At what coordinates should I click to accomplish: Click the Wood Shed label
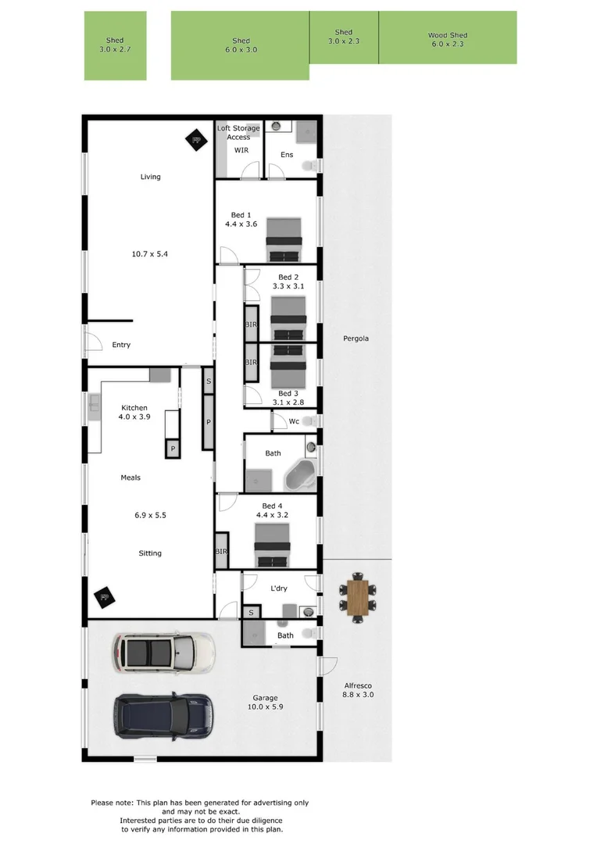[447, 35]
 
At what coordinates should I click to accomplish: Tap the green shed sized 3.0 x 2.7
[115, 45]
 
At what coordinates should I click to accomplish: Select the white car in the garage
[163, 652]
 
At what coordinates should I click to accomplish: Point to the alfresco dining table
[357, 598]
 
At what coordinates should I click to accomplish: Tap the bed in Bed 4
[272, 544]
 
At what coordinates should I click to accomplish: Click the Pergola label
[356, 338]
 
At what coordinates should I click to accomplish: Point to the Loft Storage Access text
[238, 133]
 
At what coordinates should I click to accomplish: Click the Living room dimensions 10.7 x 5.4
[150, 254]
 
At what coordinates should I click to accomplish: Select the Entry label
[121, 345]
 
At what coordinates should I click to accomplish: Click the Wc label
[294, 422]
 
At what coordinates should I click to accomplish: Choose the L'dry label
[280, 587]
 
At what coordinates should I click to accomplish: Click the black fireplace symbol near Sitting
[102, 598]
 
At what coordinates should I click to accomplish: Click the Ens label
[287, 155]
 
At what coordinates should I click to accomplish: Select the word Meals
[130, 477]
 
